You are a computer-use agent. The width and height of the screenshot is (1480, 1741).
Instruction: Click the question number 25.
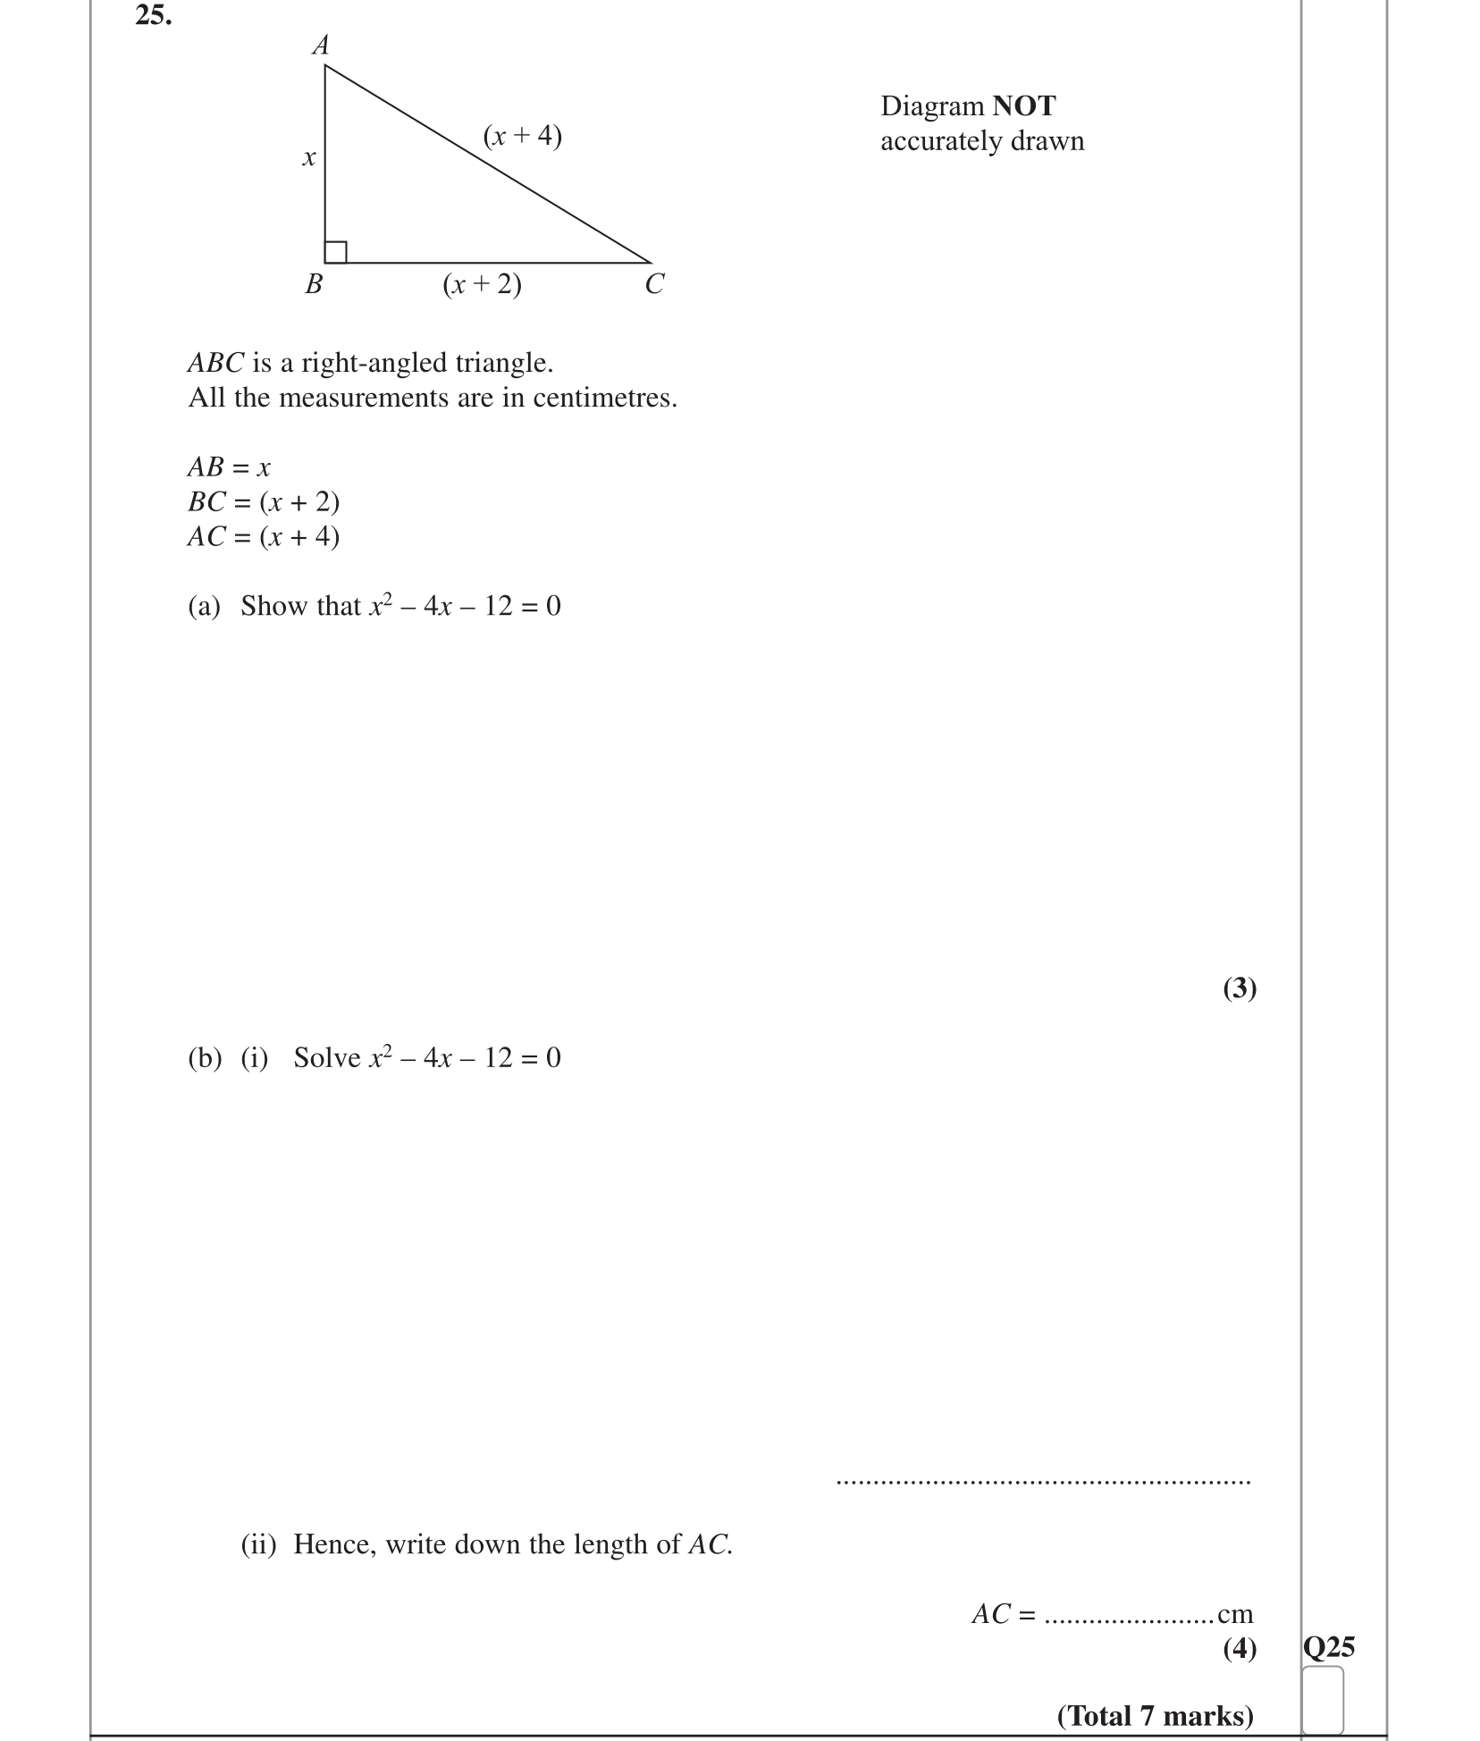[153, 16]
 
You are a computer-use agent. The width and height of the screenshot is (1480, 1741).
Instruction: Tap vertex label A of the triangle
[321, 46]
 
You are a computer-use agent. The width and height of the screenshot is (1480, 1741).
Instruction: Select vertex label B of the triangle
[314, 284]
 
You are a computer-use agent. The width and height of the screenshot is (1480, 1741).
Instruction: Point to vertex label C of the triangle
[654, 284]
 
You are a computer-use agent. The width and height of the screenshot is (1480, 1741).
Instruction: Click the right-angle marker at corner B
[336, 252]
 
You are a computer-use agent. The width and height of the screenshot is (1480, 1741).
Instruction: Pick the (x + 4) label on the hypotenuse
[522, 136]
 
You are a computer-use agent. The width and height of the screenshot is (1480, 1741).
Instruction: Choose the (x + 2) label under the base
[482, 284]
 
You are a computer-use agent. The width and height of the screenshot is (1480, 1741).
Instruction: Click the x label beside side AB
[308, 158]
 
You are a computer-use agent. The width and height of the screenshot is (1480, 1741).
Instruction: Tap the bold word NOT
[1024, 106]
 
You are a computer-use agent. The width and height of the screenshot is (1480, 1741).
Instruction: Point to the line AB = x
[229, 467]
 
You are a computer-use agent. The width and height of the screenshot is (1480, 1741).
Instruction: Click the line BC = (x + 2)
[264, 501]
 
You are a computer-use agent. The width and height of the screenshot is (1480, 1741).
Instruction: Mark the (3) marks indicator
[1240, 988]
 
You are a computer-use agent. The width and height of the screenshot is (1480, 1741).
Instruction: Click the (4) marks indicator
[1240, 1647]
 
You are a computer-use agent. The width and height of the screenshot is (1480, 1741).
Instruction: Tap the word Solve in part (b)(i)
[327, 1057]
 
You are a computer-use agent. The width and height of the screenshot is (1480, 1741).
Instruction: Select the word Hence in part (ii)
[335, 1544]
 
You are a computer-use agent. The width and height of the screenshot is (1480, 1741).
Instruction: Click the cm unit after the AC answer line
[1235, 1614]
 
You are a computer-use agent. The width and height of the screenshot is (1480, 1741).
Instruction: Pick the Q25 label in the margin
[1329, 1646]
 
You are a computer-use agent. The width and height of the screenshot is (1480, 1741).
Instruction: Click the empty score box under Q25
[1323, 1700]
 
